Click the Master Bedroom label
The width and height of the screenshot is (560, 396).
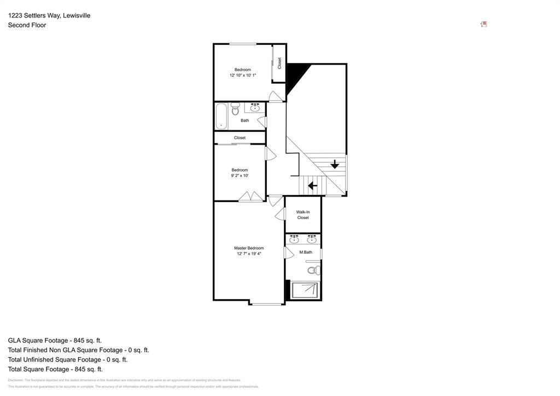tap(249, 248)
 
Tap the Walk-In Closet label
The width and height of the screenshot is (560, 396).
tap(302, 215)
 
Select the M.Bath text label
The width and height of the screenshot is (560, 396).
tap(306, 252)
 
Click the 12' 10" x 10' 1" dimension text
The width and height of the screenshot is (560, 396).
tap(243, 75)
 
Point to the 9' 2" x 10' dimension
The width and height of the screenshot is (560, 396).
tap(240, 176)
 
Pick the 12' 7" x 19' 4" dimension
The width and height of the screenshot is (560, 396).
tap(249, 254)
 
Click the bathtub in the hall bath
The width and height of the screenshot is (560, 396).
tap(221, 116)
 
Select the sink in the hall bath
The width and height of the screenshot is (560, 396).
tap(255, 107)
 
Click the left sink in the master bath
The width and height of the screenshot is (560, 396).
tap(294, 239)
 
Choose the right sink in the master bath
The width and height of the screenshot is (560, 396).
tap(312, 239)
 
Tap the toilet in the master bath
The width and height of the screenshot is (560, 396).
tap(314, 270)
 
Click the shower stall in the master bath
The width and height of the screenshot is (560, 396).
tap(305, 290)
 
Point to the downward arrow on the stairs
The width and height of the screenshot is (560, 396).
tap(335, 164)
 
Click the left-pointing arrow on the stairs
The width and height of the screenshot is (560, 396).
tap(312, 186)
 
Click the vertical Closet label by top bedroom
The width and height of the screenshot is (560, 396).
tap(279, 63)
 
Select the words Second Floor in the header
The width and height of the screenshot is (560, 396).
tap(27, 25)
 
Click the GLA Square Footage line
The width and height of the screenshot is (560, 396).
tap(55, 340)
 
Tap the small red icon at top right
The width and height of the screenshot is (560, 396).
tap(483, 24)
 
